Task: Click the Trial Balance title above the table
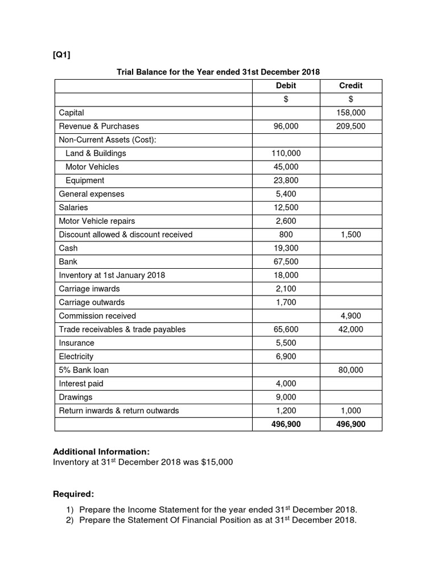tap(218, 72)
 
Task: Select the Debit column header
tap(286, 85)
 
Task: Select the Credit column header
tap(351, 85)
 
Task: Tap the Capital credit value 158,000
tap(351, 113)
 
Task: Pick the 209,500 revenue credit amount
tap(351, 126)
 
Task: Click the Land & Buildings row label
tap(96, 153)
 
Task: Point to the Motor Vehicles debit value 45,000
tap(286, 167)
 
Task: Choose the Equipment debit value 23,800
tap(286, 180)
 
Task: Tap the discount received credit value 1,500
tap(351, 235)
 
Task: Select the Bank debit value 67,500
tap(286, 262)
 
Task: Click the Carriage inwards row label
tap(89, 289)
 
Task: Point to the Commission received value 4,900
tap(351, 316)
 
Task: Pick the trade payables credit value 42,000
tap(351, 329)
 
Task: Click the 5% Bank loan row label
tap(84, 370)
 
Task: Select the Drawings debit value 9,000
tap(286, 397)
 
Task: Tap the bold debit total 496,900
tap(286, 424)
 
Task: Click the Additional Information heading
tap(101, 451)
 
